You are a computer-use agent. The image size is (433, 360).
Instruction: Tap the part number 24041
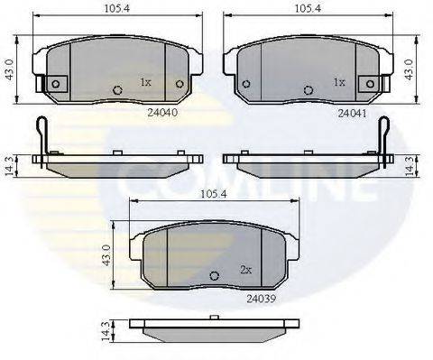[350, 115]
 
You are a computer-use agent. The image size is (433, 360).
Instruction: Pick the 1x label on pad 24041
[339, 82]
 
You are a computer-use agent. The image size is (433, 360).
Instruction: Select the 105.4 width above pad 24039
[211, 193]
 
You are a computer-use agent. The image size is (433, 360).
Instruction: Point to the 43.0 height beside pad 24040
[8, 67]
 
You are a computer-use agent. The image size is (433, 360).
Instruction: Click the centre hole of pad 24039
[214, 276]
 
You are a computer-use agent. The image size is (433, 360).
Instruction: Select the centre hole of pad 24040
[117, 89]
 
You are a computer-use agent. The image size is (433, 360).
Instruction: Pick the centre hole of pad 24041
[310, 89]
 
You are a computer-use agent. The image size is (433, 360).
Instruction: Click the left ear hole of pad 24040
[55, 84]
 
